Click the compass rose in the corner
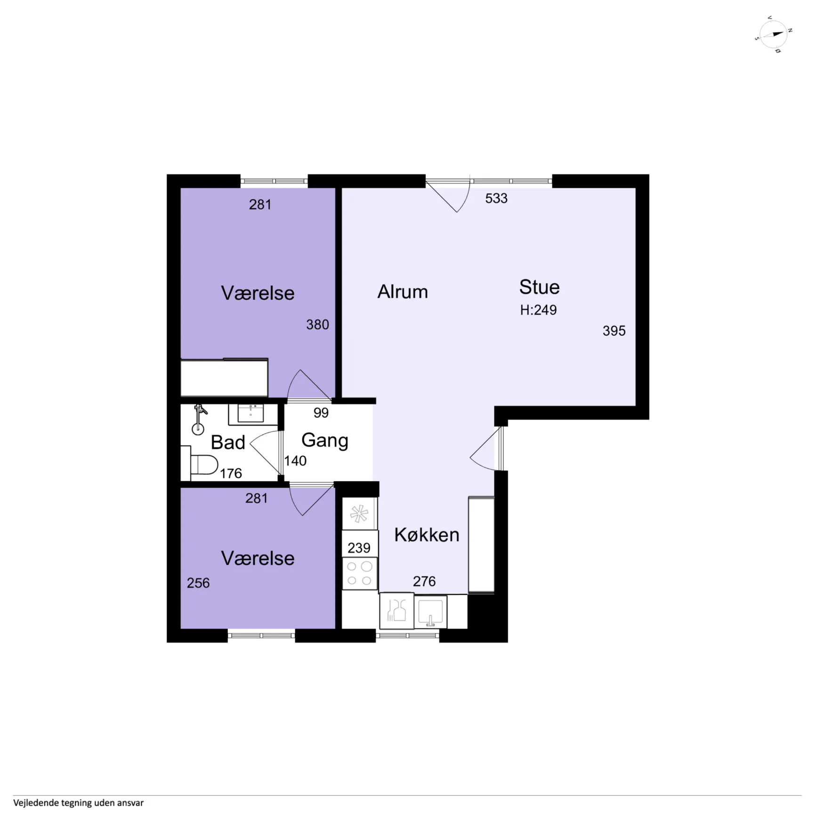(773, 34)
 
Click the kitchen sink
(430, 612)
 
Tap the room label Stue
(539, 287)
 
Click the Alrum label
(403, 292)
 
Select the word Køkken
(427, 535)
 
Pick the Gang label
(324, 441)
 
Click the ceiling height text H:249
(538, 310)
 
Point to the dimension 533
(496, 198)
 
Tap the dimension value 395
(614, 331)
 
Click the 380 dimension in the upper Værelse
(317, 324)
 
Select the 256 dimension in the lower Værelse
(198, 583)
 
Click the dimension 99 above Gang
(321, 413)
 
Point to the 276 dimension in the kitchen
(424, 582)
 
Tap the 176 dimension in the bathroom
(231, 473)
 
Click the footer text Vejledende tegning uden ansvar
(78, 803)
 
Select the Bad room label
(228, 443)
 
